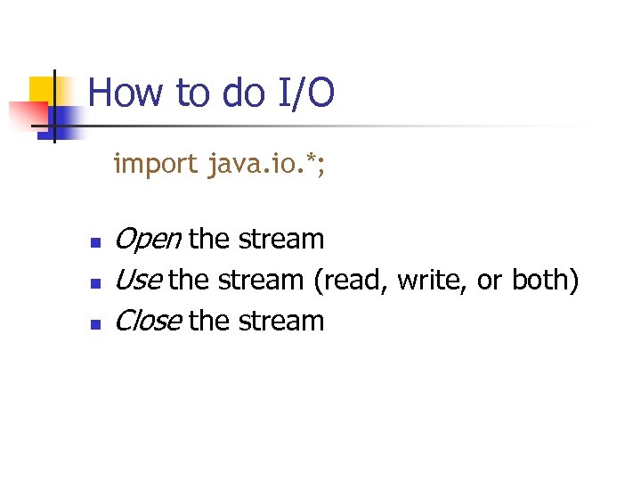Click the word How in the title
pyautogui.click(x=120, y=93)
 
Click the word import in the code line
pyautogui.click(x=155, y=164)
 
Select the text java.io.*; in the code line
pyautogui.click(x=266, y=164)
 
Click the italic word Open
pyautogui.click(x=149, y=240)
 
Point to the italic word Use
pyautogui.click(x=138, y=281)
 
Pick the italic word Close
pyautogui.click(x=149, y=321)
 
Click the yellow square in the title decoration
pyautogui.click(x=42, y=90)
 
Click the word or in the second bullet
pyautogui.click(x=490, y=281)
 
